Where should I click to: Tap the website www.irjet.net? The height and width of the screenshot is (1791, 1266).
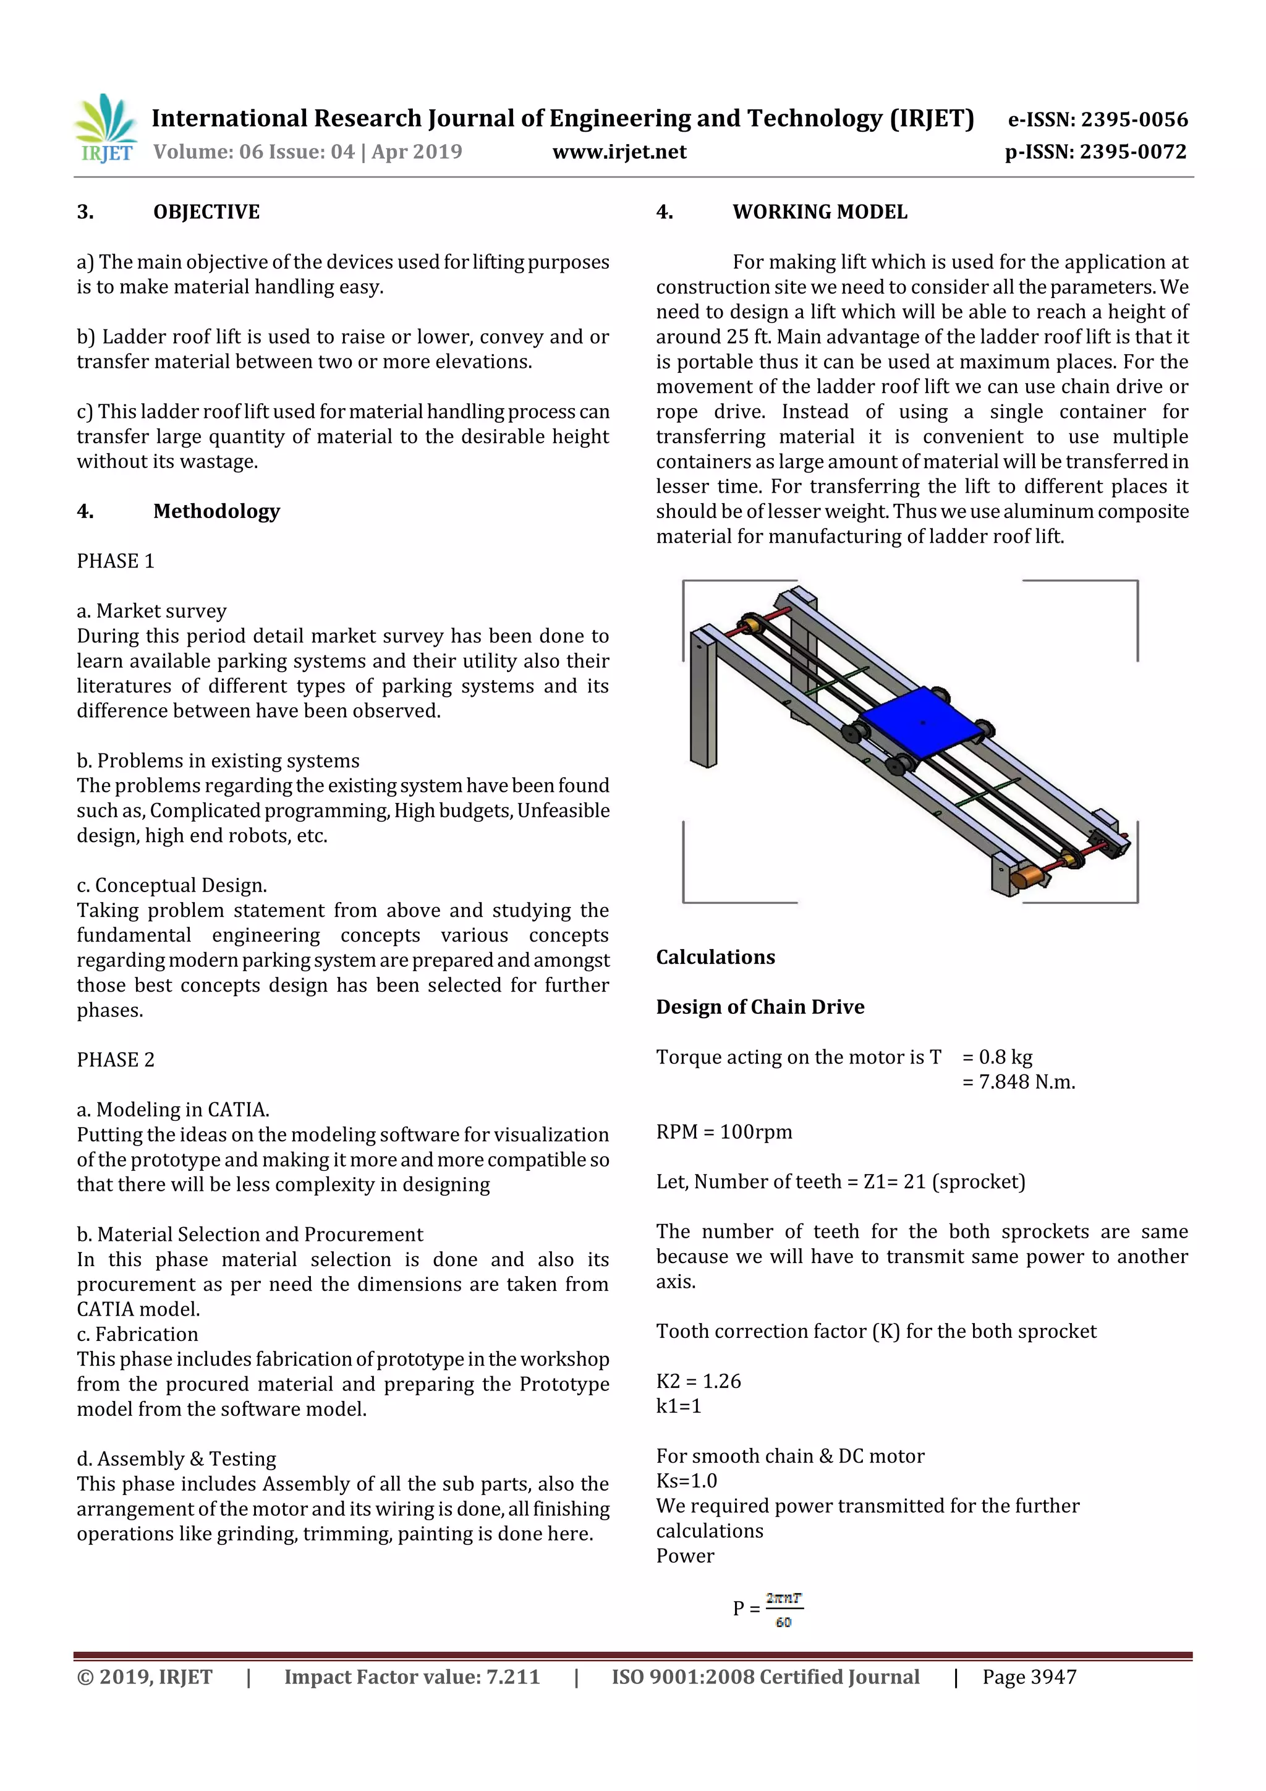click(619, 152)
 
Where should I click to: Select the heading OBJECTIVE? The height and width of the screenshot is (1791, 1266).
click(206, 212)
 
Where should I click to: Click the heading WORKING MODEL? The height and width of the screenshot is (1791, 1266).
click(819, 212)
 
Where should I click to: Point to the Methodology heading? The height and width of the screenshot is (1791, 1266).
click(216, 512)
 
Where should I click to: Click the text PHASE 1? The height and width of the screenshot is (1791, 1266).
click(116, 561)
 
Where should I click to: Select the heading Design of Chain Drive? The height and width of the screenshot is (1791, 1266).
click(760, 1007)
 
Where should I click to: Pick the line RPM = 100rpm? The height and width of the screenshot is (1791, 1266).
click(724, 1132)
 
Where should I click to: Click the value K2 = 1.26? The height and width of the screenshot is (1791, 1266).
click(698, 1382)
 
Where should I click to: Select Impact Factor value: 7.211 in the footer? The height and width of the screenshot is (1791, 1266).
click(412, 1677)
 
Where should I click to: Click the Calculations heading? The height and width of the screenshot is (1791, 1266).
click(715, 957)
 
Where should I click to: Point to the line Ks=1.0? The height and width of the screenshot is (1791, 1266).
click(686, 1481)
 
